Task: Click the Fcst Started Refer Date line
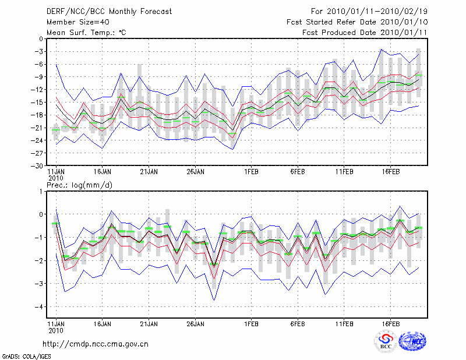(x=356, y=22)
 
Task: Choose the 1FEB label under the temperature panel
(x=252, y=172)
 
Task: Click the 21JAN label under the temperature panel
(x=149, y=172)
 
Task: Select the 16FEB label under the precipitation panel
(x=390, y=322)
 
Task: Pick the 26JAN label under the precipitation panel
(x=196, y=322)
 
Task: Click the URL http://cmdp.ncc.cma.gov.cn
(x=96, y=344)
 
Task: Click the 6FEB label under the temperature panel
(x=298, y=172)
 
